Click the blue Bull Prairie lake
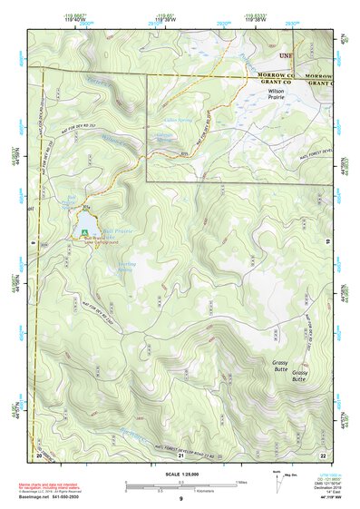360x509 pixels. (x=86, y=221)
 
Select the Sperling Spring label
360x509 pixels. (x=126, y=268)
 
